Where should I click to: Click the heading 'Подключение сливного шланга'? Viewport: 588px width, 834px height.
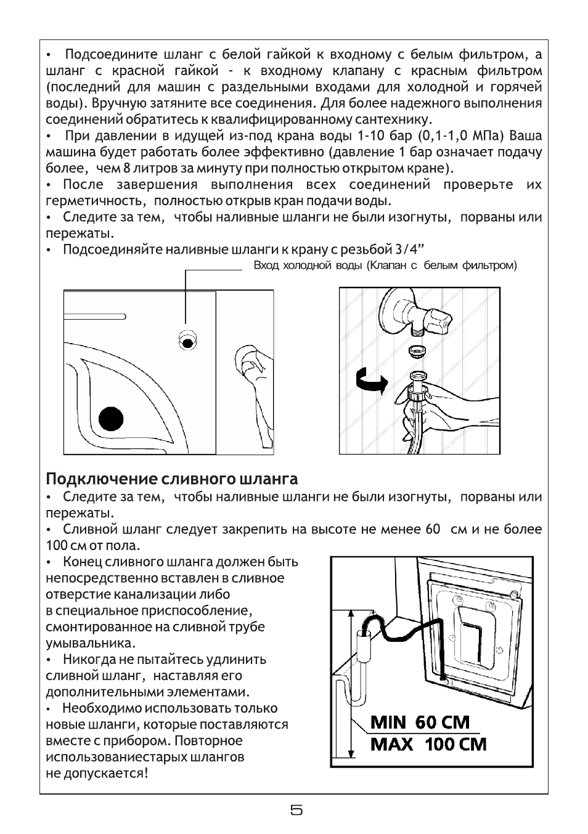[x=172, y=479]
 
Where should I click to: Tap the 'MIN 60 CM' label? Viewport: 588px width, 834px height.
[x=420, y=722]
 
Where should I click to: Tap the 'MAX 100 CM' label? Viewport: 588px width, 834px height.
[x=428, y=744]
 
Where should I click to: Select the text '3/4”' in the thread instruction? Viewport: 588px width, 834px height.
[x=411, y=249]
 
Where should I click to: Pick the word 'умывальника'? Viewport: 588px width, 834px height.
[x=90, y=643]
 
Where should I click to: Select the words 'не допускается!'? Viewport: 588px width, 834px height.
[x=97, y=773]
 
